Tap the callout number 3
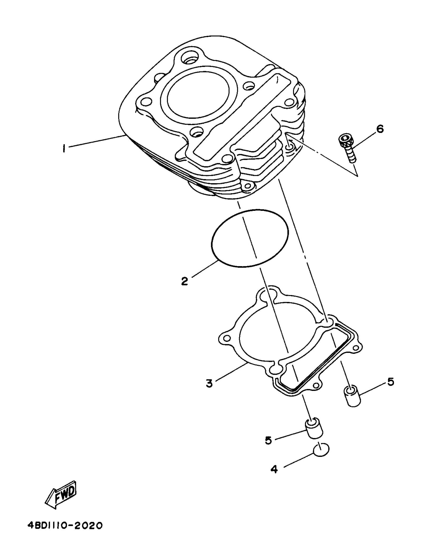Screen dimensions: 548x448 click(x=209, y=383)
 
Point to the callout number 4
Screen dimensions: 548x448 click(x=274, y=469)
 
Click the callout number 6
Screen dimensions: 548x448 click(x=380, y=129)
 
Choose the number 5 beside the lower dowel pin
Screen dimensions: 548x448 click(x=268, y=440)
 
